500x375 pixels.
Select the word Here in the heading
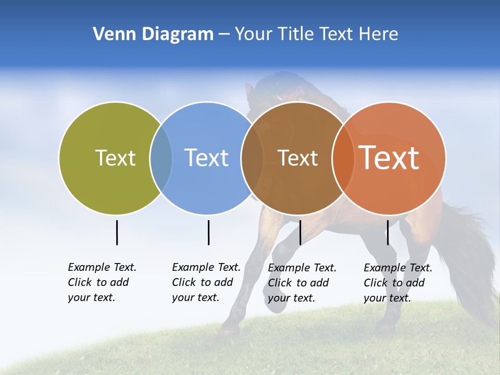379,34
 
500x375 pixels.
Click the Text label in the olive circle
115,158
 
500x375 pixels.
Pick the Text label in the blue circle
207,158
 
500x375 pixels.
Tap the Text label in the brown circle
297,158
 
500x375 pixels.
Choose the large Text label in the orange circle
389,158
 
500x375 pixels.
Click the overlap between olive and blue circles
161,158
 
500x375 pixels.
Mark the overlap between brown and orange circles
343,158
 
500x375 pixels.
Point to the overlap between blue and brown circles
252,158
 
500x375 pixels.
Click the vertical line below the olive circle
117,232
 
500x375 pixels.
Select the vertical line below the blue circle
208,232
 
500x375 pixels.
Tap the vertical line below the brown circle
300,232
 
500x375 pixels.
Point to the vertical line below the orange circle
387,232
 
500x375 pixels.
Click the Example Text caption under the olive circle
102,282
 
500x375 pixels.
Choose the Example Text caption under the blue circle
206,282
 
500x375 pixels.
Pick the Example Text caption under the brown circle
302,283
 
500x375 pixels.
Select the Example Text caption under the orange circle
397,283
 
